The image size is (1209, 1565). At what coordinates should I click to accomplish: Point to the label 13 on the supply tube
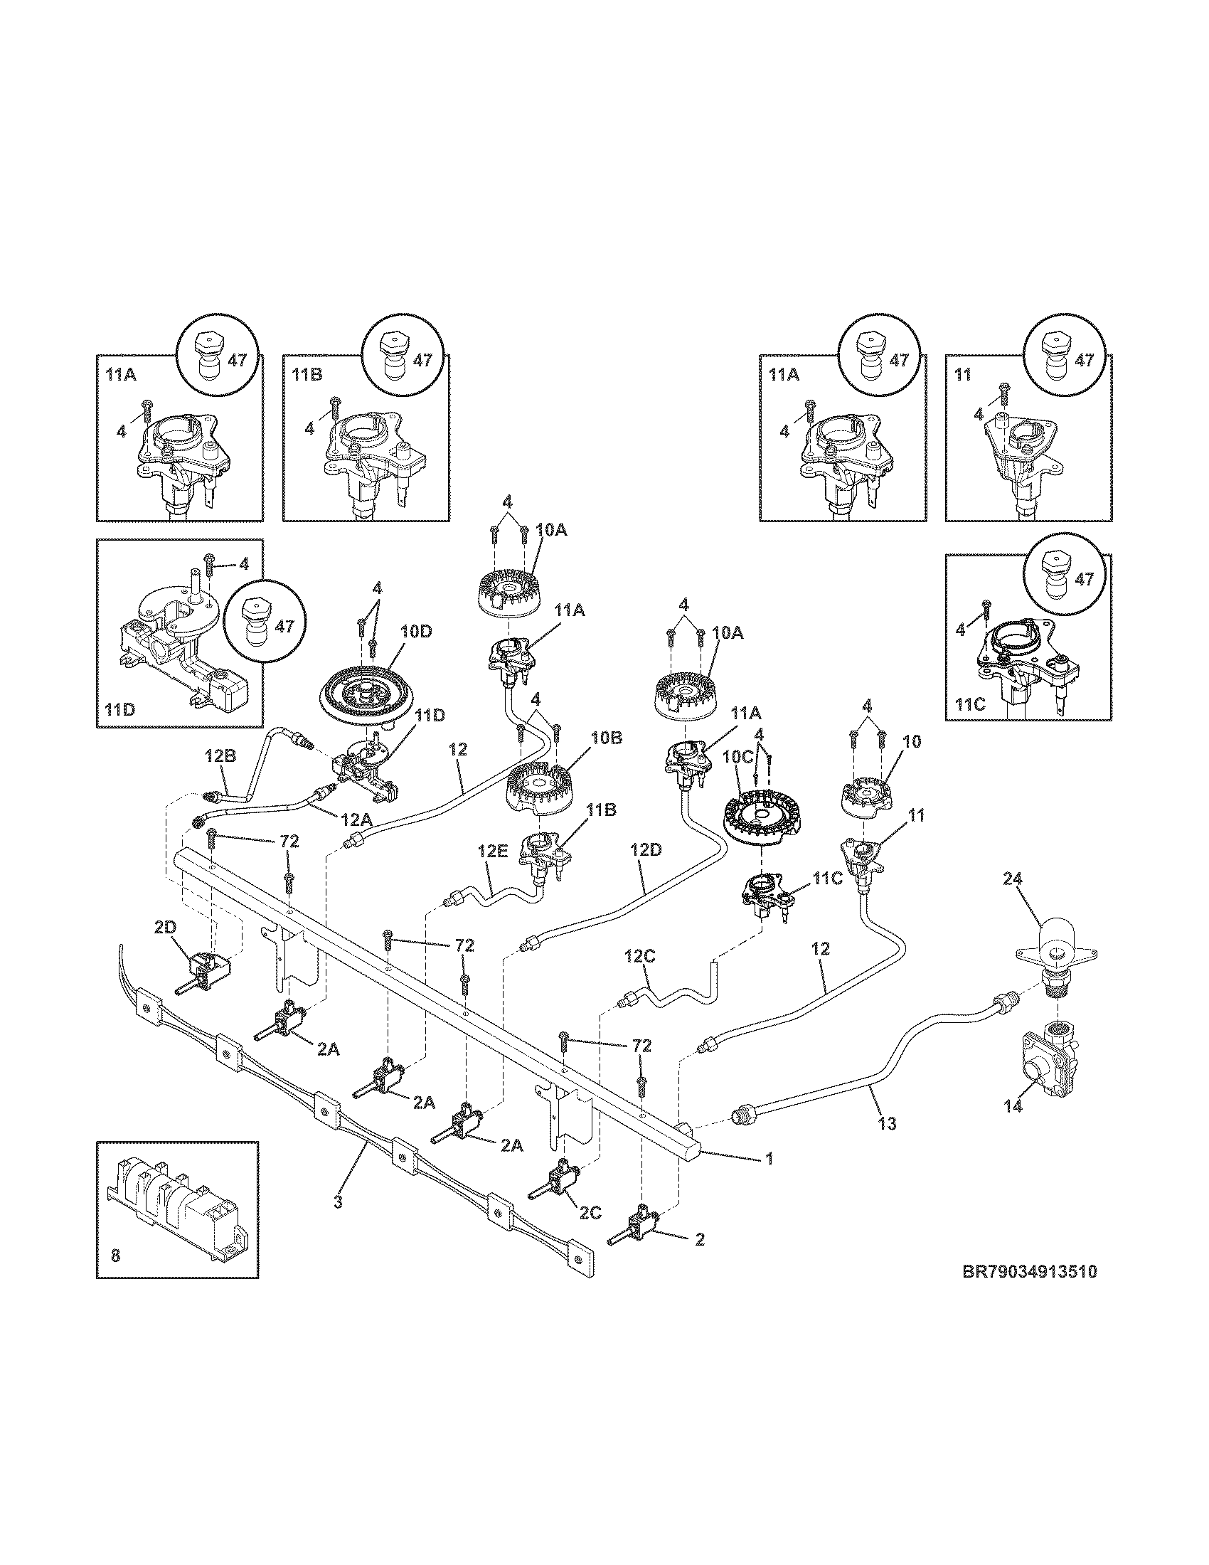click(887, 1123)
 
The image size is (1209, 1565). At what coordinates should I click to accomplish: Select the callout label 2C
click(590, 1211)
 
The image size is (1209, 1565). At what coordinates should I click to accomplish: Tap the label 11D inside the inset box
click(119, 709)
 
